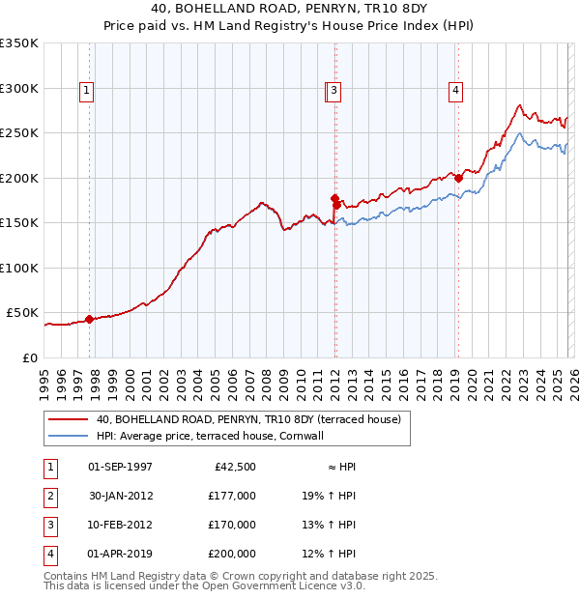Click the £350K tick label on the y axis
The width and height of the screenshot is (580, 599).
click(19, 43)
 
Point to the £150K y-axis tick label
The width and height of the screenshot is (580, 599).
click(19, 223)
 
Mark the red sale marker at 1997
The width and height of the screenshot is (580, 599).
click(89, 319)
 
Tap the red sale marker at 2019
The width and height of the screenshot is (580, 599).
click(458, 178)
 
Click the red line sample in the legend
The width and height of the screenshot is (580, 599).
click(69, 419)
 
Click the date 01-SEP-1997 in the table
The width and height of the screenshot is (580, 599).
click(120, 467)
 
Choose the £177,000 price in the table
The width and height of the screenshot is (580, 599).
click(232, 496)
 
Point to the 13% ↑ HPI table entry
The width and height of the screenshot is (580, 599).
click(329, 525)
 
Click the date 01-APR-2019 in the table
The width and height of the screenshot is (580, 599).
click(120, 554)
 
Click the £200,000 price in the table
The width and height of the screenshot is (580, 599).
click(232, 554)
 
